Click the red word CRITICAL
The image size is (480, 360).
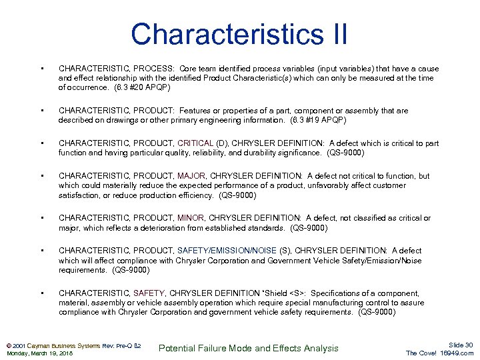[195, 143]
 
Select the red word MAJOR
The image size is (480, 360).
[191, 176]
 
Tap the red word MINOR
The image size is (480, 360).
[191, 218]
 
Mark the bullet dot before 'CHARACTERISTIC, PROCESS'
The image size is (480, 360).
[42, 69]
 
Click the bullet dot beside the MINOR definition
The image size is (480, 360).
[42, 218]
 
